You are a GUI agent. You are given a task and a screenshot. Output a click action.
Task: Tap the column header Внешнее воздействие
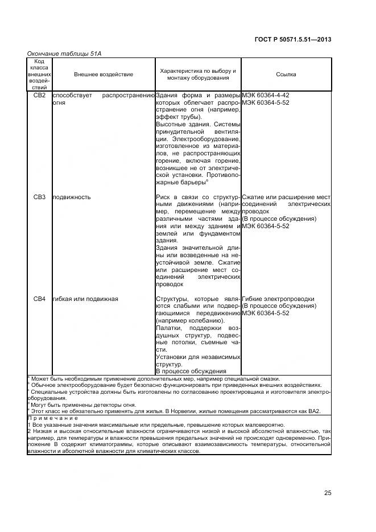coord(104,75)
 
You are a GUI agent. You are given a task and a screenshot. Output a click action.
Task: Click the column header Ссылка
coord(286,75)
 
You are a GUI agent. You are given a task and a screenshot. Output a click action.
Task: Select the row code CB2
coord(39,95)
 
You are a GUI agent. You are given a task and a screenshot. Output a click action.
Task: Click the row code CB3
coord(39,197)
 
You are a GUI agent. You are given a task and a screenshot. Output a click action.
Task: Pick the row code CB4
coord(39,299)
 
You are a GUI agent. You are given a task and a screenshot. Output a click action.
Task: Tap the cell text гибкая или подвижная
coord(85,299)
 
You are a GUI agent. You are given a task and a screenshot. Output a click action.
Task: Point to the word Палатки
coord(167,328)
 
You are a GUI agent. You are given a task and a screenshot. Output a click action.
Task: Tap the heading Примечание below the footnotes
coord(52,418)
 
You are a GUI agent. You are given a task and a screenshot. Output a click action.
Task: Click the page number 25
coord(327,493)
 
